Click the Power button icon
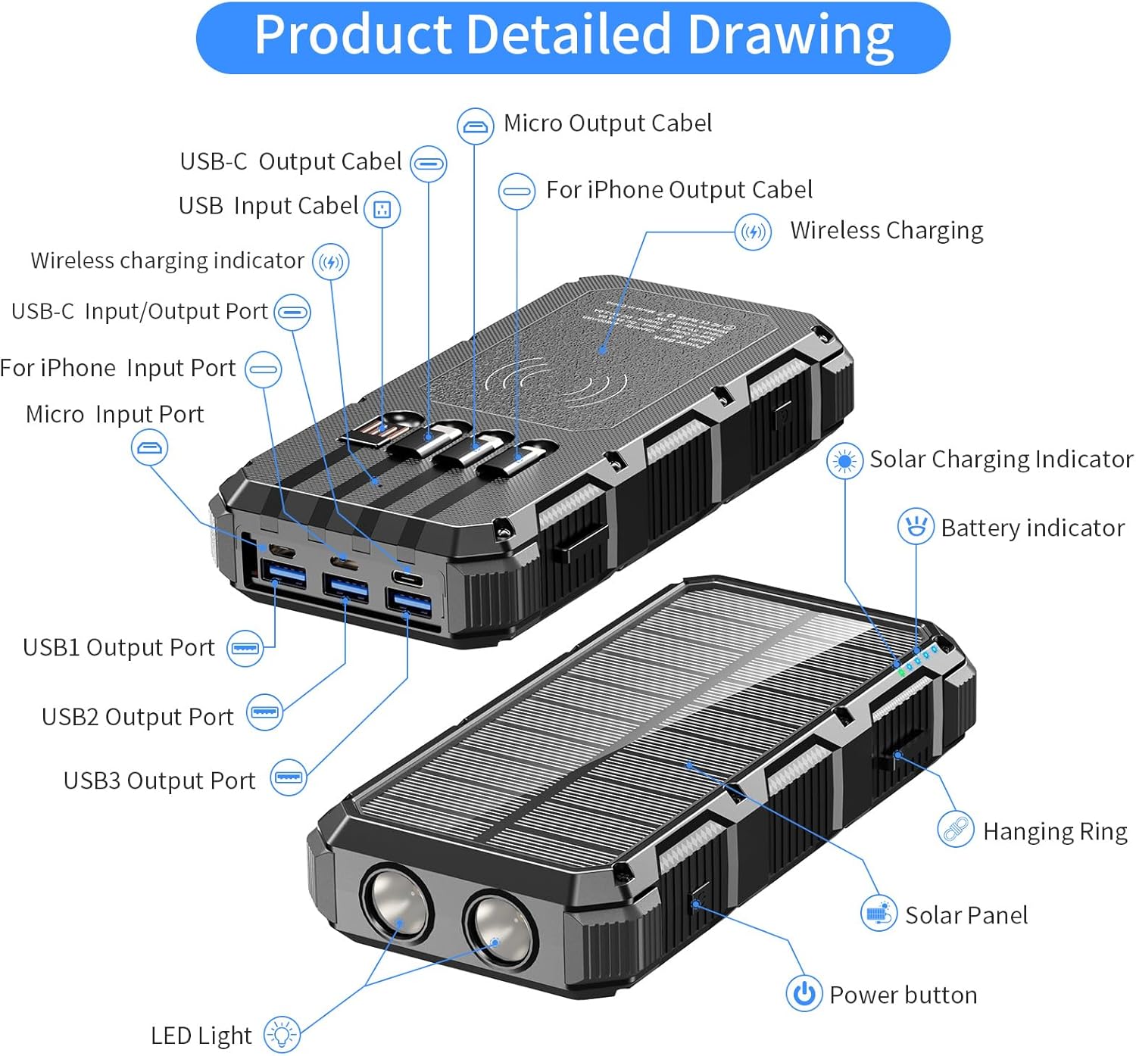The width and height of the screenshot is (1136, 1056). [x=804, y=993]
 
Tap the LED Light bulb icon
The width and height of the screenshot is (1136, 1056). [x=282, y=1034]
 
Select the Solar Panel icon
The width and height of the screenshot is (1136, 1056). [x=879, y=914]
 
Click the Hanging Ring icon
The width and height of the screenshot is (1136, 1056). [x=955, y=830]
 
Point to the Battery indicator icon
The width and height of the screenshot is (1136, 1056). [x=916, y=526]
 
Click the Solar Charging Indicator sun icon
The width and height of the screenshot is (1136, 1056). [x=844, y=460]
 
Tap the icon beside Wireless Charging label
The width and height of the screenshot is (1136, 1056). [x=753, y=232]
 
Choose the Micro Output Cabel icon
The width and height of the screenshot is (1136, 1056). [x=475, y=126]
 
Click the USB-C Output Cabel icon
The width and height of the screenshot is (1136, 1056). [x=429, y=164]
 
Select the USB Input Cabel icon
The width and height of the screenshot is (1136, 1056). [x=382, y=209]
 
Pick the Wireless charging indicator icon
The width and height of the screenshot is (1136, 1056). [x=331, y=262]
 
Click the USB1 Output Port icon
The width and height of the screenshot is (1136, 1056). [x=246, y=648]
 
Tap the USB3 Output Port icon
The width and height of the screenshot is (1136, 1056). [x=289, y=777]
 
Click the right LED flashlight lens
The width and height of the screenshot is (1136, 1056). [x=498, y=927]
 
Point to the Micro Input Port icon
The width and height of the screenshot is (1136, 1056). [x=149, y=447]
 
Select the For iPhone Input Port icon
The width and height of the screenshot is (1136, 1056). [x=264, y=370]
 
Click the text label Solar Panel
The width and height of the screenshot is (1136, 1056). [x=966, y=915]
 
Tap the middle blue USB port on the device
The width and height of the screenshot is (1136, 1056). [x=345, y=587]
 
